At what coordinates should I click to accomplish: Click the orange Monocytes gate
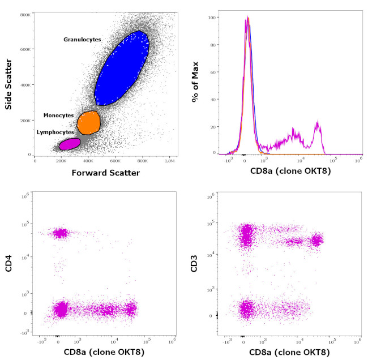click(x=88, y=122)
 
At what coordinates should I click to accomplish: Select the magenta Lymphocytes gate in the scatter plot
click(x=70, y=144)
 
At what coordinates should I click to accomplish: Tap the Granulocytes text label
click(x=82, y=40)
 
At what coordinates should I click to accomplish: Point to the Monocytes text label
click(x=58, y=115)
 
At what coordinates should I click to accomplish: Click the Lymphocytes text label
click(x=55, y=132)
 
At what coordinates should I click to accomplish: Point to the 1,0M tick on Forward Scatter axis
click(x=170, y=161)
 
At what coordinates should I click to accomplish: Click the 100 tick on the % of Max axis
click(x=213, y=18)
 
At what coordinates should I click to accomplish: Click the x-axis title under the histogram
click(x=289, y=170)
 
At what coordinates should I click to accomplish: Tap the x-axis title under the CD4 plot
click(x=103, y=353)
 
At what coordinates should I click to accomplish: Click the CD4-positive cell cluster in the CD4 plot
click(x=60, y=233)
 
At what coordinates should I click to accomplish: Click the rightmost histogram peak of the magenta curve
click(x=318, y=123)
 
